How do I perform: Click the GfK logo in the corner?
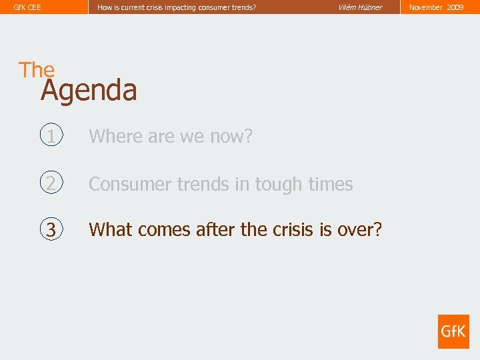coord(453,331)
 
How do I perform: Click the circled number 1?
coord(51,136)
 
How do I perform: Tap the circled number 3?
coord(51,229)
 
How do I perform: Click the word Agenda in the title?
coord(89,91)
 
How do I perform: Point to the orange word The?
coord(37,69)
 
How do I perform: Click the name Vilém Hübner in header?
coord(360,7)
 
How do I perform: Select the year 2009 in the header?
coord(455,7)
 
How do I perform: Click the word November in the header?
coord(426,7)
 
